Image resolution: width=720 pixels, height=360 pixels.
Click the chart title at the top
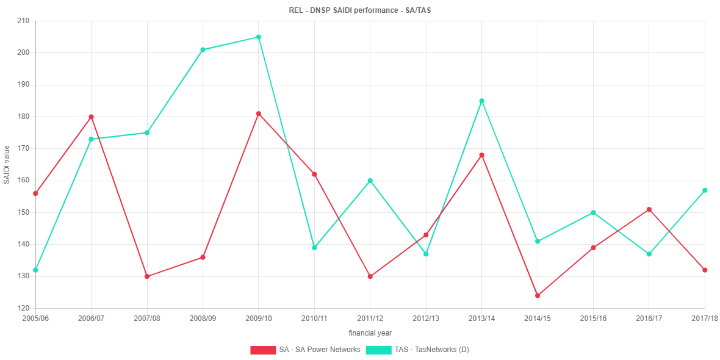tap(360, 10)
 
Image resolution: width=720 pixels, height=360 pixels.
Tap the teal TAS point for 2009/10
tap(259, 37)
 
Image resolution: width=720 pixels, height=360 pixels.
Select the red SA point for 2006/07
tap(91, 117)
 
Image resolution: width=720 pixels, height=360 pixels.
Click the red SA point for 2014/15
tap(538, 296)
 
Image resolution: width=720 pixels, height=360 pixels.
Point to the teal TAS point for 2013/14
tap(481, 101)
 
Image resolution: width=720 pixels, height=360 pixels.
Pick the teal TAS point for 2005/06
tap(35, 270)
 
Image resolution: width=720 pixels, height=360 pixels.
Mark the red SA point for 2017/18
tap(705, 270)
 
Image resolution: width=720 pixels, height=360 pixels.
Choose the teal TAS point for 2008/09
tap(203, 50)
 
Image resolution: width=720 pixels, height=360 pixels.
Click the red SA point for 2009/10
tap(259, 113)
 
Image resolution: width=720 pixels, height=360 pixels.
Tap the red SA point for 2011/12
tap(370, 276)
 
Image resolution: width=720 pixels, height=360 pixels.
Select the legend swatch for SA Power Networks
tap(263, 350)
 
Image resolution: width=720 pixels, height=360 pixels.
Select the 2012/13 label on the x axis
tap(426, 319)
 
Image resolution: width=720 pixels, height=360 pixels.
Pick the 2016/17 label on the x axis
tap(649, 319)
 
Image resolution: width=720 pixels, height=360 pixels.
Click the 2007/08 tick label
tap(147, 319)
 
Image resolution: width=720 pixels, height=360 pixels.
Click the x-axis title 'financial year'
tap(370, 333)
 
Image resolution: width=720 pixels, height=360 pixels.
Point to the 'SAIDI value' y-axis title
tap(7, 165)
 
